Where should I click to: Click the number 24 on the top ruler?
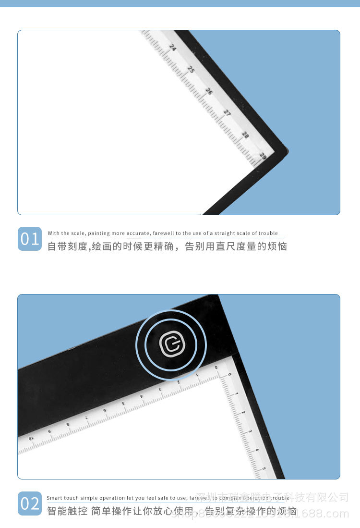pos(173,47)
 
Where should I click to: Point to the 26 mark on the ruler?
pos(209,91)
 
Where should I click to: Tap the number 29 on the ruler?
pos(263,156)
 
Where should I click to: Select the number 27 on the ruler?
pos(227,113)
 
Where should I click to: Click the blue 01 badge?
pos(30,239)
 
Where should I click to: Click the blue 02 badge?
pos(30,503)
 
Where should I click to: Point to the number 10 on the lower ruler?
pos(31,439)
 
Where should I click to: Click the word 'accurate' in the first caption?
pos(138,233)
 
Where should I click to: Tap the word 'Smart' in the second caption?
pos(54,498)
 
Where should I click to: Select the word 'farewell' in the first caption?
pos(165,233)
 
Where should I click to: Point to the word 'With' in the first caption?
pos(54,233)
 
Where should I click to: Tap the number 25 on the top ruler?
pos(191,69)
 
